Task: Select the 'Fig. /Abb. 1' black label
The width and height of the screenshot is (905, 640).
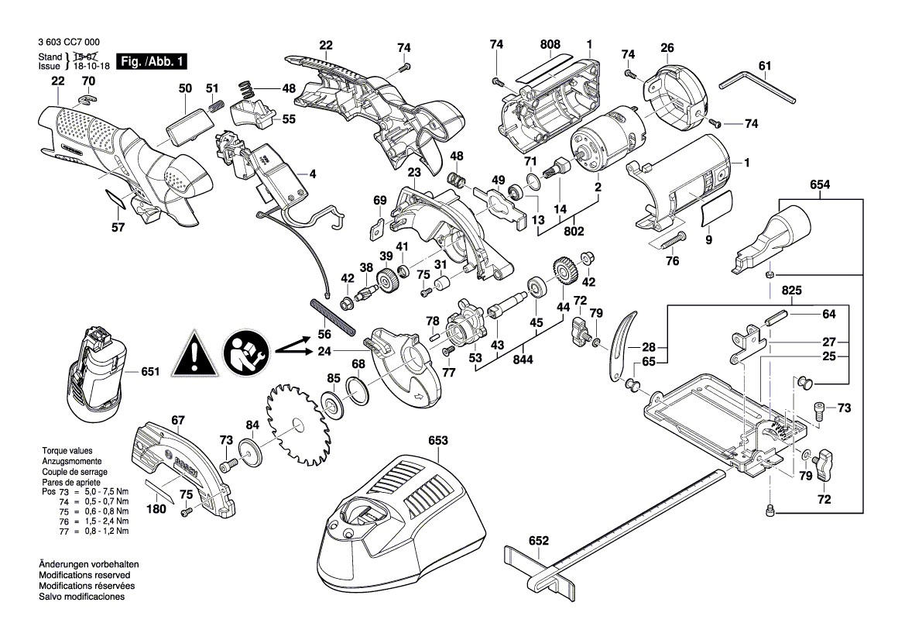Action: (x=152, y=61)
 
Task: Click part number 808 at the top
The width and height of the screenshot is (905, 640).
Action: (x=550, y=45)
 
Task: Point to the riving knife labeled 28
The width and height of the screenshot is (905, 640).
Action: (x=620, y=342)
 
